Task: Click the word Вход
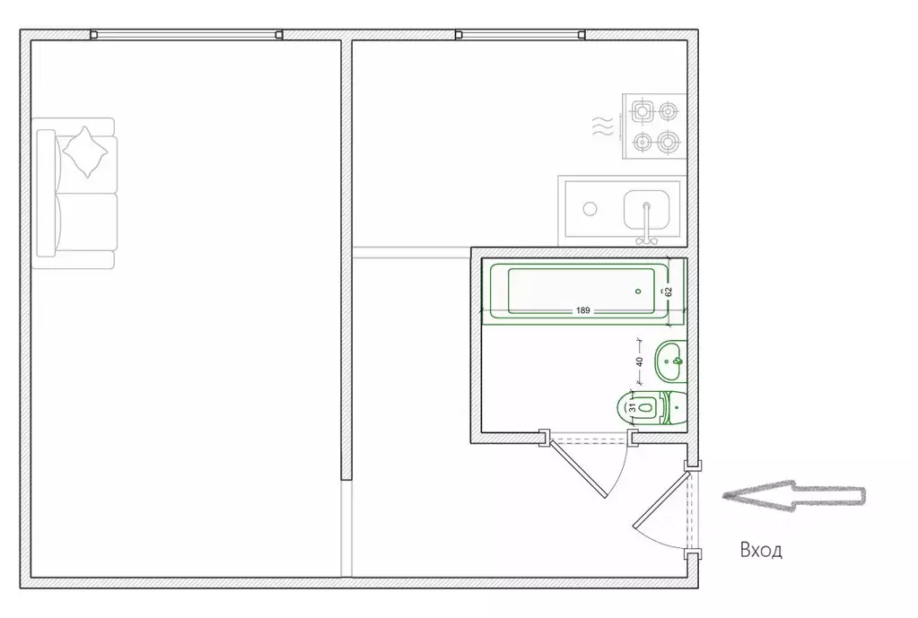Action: point(760,550)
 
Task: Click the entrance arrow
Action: point(794,496)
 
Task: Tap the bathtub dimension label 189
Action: point(582,310)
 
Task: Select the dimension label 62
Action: point(668,292)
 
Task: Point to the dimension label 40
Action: point(639,361)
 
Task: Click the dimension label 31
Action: point(632,406)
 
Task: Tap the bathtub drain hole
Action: point(638,291)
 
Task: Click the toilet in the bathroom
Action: point(651,406)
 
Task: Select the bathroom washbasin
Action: point(670,361)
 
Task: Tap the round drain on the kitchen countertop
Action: point(590,208)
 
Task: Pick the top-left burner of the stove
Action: point(643,110)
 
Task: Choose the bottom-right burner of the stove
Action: point(668,142)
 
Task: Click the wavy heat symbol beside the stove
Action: point(603,126)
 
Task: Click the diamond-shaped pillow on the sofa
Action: point(85,152)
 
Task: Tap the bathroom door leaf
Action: point(577,468)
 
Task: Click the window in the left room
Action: point(187,34)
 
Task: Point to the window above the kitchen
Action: point(520,34)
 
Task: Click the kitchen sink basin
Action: point(646,209)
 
